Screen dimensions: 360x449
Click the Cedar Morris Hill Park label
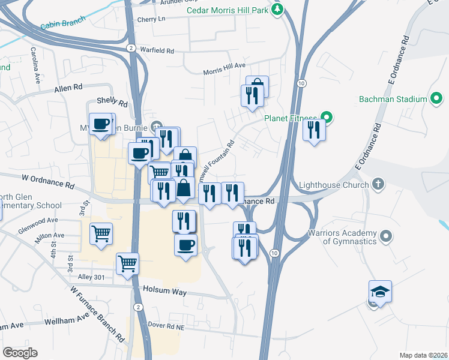click(227, 10)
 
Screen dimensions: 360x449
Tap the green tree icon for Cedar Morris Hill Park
click(277, 9)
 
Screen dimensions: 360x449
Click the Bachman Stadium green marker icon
click(437, 99)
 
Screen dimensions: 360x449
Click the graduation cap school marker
click(380, 292)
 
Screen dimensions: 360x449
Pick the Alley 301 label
click(91, 277)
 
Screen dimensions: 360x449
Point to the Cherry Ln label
click(151, 19)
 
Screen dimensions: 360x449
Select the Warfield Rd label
click(157, 50)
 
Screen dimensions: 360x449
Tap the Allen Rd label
click(68, 88)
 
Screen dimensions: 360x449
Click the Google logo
click(20, 352)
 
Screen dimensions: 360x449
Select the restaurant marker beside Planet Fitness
click(314, 130)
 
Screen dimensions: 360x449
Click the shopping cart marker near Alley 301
click(127, 263)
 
